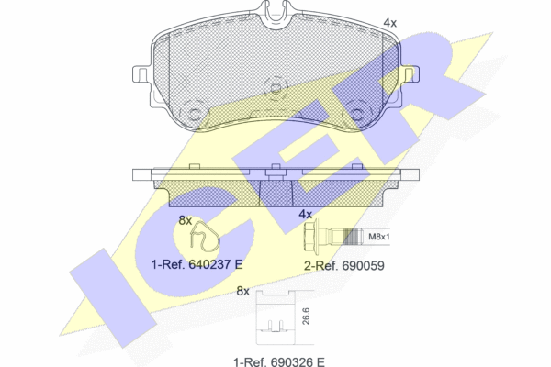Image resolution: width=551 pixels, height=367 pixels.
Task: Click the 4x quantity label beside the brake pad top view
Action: tap(389, 23)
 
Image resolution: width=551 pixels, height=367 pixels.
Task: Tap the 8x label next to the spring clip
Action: tap(186, 220)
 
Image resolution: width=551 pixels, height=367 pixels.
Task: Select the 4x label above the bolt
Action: tap(306, 214)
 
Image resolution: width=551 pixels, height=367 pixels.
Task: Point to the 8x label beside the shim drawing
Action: tap(242, 291)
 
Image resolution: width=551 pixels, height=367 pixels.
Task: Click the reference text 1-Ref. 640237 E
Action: tap(197, 264)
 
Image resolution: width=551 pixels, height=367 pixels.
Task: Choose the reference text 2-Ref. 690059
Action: tap(344, 266)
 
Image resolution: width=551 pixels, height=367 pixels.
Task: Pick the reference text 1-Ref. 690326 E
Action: tap(279, 361)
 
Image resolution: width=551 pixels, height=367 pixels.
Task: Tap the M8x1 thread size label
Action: tap(378, 237)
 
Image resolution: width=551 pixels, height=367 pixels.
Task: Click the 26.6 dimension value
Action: tap(306, 316)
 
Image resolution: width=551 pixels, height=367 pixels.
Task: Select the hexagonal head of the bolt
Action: tap(311, 237)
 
